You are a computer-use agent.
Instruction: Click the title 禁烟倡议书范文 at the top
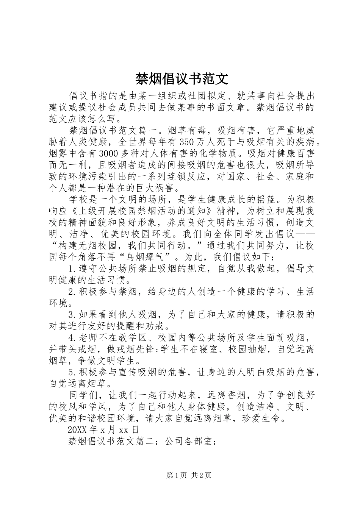182,78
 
